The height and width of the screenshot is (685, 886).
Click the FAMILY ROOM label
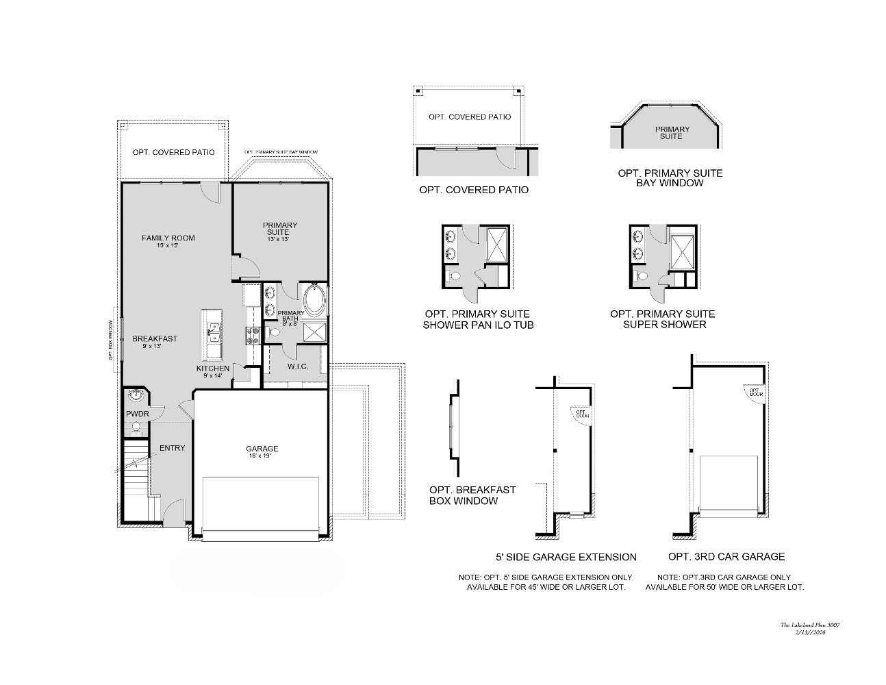[168, 238]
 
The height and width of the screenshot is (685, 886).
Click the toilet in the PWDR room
[136, 428]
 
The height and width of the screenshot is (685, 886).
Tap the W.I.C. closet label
[297, 367]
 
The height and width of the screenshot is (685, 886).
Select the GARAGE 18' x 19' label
[262, 452]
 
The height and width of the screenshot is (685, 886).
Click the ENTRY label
[172, 449]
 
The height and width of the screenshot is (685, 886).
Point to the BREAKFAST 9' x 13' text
[155, 342]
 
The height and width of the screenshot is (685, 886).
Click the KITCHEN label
[213, 371]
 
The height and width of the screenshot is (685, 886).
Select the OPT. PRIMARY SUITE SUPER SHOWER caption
[662, 319]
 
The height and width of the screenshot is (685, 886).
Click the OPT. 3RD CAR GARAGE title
[726, 557]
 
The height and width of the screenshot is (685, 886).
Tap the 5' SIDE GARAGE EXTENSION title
[566, 557]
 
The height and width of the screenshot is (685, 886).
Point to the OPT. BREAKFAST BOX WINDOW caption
[472, 495]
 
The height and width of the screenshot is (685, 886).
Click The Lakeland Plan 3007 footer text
[810, 625]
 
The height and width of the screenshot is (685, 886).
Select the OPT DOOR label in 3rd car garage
[755, 392]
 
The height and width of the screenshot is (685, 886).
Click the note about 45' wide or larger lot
[546, 582]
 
